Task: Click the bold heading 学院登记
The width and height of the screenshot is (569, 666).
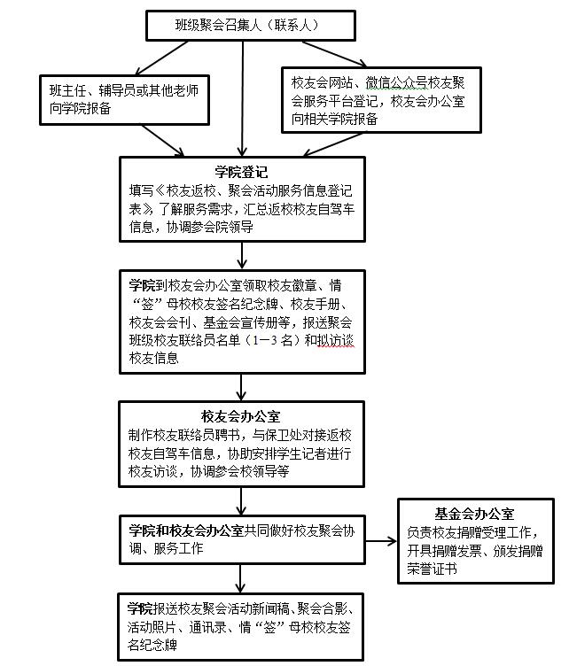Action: [241, 171]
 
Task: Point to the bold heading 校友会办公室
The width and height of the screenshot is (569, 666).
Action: [241, 416]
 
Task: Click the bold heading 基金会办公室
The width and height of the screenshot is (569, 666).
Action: [474, 514]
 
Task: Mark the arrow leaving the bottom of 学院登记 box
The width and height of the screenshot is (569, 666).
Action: [241, 255]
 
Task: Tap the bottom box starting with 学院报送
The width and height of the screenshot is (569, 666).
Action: [241, 626]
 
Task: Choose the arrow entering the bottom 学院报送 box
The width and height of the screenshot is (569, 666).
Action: [241, 579]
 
